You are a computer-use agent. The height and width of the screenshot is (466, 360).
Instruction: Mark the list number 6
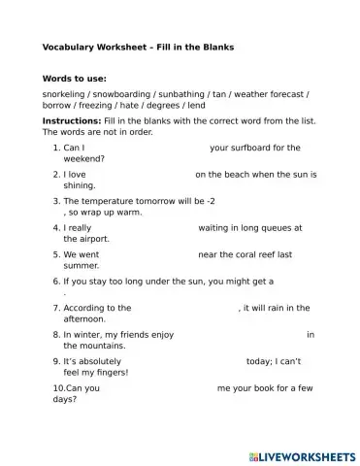[56, 281]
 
